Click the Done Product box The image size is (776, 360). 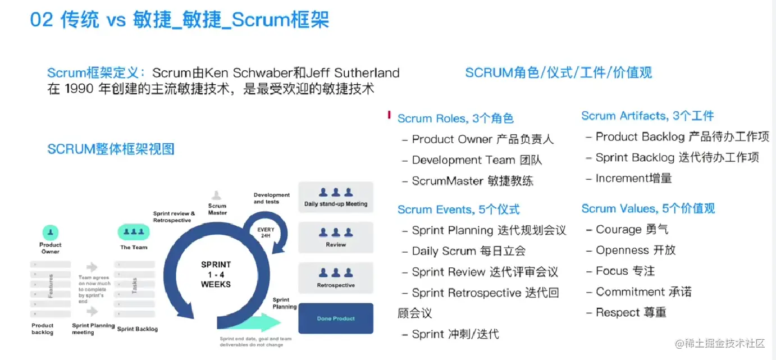click(336, 318)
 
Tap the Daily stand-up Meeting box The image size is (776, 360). click(336, 197)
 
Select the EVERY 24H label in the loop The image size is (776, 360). click(266, 232)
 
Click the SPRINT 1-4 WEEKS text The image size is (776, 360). click(216, 274)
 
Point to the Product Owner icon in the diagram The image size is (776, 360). click(51, 232)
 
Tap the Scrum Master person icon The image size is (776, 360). click(217, 195)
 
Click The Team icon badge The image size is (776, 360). click(133, 232)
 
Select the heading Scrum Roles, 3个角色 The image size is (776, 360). click(455, 119)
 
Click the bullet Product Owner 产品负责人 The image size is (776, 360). click(482, 139)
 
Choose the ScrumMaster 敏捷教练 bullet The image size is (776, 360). click(472, 181)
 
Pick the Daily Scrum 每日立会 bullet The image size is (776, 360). click(468, 251)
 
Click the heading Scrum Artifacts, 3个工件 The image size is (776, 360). click(647, 116)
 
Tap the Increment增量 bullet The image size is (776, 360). click(633, 179)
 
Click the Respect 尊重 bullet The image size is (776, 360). click(631, 312)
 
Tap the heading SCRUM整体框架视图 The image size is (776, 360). click(111, 149)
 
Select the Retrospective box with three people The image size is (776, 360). click(336, 277)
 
